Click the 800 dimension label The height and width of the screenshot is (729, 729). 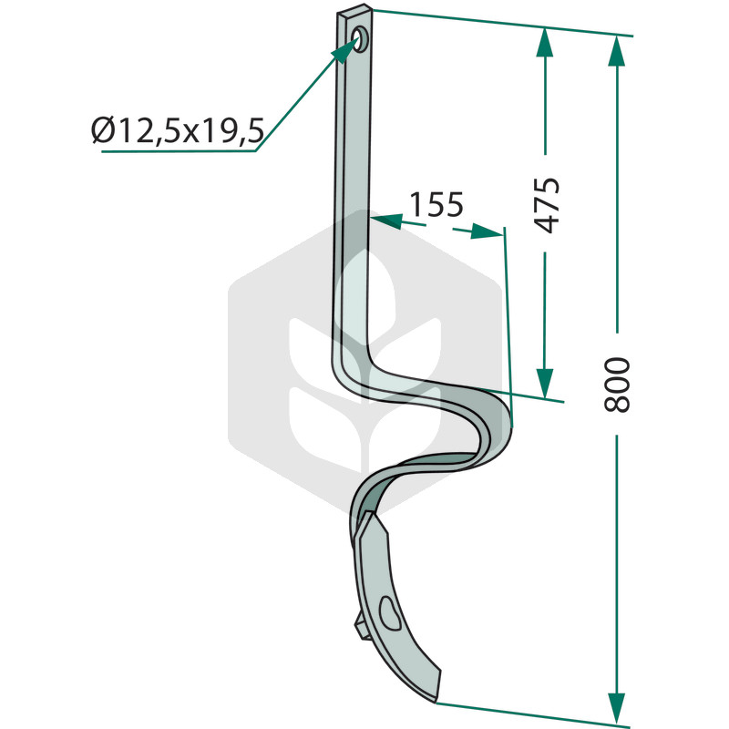click(617, 385)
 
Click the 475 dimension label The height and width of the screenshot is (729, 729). click(547, 204)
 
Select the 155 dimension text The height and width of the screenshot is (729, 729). click(436, 204)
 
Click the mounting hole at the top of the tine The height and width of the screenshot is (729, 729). click(360, 38)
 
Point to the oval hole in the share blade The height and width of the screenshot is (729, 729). click(390, 613)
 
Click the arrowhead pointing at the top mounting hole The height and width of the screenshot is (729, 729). click(345, 50)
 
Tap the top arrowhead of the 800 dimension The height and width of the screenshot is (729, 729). click(617, 51)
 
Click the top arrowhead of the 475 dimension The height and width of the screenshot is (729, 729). click(545, 42)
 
